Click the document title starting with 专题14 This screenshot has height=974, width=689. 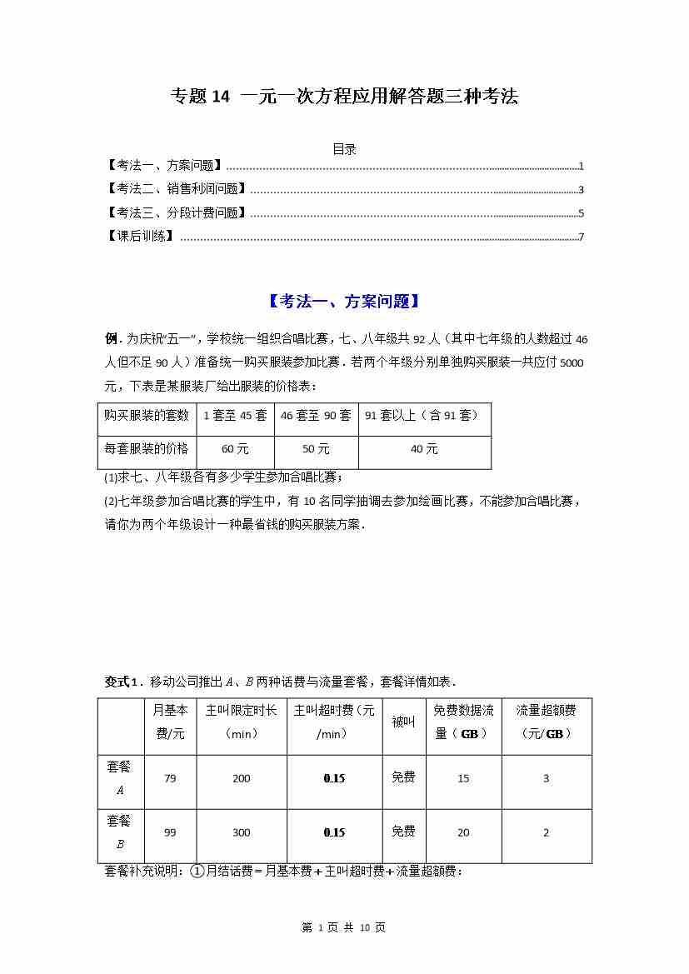click(344, 97)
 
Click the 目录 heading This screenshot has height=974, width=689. click(344, 149)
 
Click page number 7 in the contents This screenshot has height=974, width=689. click(581, 237)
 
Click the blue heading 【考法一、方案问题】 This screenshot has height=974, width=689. click(344, 302)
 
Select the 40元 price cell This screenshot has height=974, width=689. click(424, 449)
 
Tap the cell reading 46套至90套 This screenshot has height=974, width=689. click(316, 415)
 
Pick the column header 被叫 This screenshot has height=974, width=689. click(403, 722)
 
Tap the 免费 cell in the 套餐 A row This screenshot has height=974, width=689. click(403, 777)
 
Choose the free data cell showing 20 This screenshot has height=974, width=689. click(463, 832)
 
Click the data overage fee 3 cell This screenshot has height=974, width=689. click(546, 778)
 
